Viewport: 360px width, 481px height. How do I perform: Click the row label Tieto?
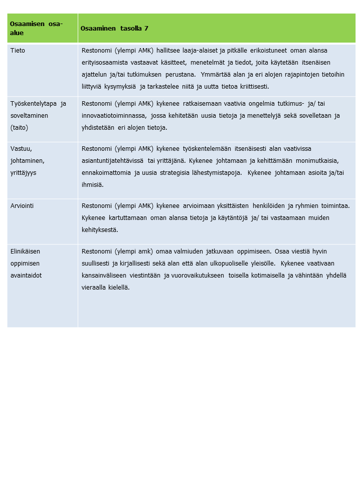pos(18,51)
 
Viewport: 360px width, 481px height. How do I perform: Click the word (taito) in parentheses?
pos(20,128)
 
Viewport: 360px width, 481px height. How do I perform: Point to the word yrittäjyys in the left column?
pos(23,172)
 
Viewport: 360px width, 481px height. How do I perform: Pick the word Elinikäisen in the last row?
pos(25,252)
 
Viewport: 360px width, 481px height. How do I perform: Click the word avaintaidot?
pos(26,276)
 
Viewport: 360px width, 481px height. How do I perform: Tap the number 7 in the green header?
pos(146,29)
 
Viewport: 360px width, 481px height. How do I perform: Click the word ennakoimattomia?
pos(106,173)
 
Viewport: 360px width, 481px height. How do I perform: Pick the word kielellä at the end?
pos(118,288)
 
